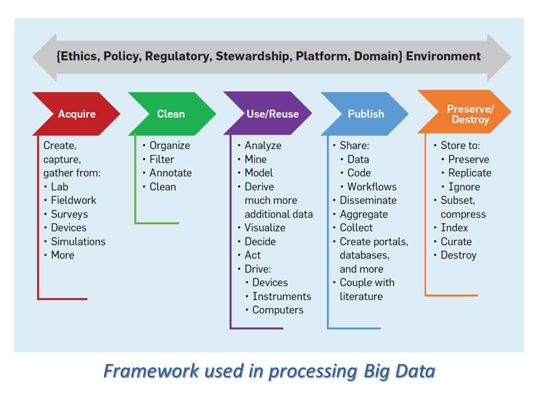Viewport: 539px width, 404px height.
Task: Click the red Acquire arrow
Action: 77,114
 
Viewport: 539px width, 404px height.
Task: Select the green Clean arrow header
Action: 171,114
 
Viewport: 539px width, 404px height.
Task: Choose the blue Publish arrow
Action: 366,114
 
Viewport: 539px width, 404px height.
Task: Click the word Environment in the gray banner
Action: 444,56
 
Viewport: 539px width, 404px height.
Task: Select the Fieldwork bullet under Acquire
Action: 73,200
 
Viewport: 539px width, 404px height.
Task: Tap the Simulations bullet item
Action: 77,242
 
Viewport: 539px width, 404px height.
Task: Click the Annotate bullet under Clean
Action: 170,173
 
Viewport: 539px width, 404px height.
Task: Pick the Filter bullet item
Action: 162,159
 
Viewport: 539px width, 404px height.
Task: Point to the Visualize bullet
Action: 264,228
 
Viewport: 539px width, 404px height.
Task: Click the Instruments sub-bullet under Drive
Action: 281,296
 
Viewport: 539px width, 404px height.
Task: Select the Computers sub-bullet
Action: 277,310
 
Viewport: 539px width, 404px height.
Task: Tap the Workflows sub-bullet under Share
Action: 372,187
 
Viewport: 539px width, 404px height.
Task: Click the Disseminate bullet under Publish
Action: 368,200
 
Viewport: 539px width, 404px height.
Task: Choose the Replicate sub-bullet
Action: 469,173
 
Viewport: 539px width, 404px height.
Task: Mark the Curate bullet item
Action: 456,242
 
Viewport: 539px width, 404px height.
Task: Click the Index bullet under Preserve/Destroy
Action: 454,228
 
